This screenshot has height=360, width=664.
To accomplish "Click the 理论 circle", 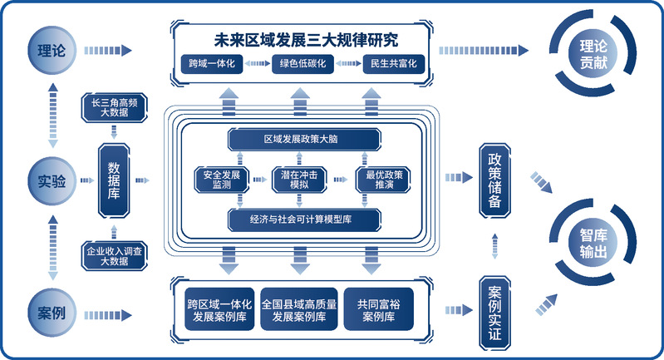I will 52,48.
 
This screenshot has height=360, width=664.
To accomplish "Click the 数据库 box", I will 114,179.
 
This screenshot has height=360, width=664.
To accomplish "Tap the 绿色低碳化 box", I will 302,63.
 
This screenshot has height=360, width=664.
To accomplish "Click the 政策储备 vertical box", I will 494,180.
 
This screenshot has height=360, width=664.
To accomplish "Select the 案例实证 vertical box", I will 494,312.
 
